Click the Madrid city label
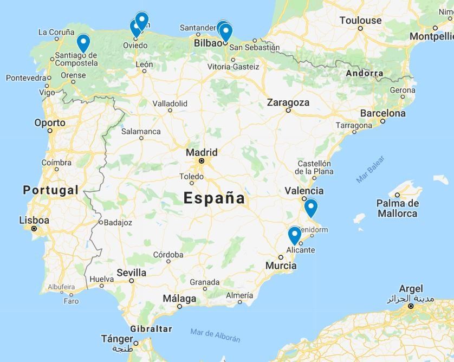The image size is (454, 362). pyautogui.click(x=202, y=152)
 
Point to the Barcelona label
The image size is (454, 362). pyautogui.click(x=382, y=113)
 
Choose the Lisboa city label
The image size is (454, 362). pyautogui.click(x=34, y=220)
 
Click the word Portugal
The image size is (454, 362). pyautogui.click(x=51, y=190)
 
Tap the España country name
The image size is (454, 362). pyautogui.click(x=215, y=198)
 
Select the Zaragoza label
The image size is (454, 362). pyautogui.click(x=288, y=102)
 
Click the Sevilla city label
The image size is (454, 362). pyautogui.click(x=131, y=272)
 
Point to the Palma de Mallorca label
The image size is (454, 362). pyautogui.click(x=398, y=208)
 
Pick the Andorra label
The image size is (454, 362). pyautogui.click(x=365, y=73)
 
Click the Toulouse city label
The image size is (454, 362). pyautogui.click(x=360, y=21)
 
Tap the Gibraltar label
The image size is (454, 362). pyautogui.click(x=151, y=328)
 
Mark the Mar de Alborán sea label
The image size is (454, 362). pyautogui.click(x=215, y=335)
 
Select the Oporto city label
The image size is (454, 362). pyautogui.click(x=50, y=122)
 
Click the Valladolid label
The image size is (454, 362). pyautogui.click(x=170, y=103)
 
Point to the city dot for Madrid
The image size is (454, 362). pyautogui.click(x=202, y=161)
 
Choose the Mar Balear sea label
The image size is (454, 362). pyautogui.click(x=371, y=170)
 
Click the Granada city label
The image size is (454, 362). pyautogui.click(x=204, y=282)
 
